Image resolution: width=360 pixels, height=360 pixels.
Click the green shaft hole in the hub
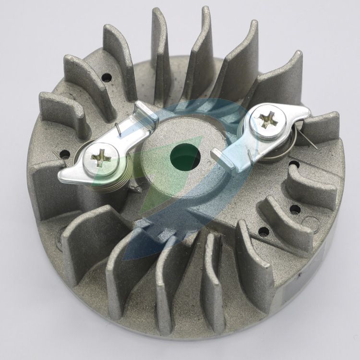185,156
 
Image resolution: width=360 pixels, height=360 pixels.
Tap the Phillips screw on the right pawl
268,119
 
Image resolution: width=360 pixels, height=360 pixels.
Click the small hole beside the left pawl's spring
64,155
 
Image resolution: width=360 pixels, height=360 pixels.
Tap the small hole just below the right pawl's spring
294,165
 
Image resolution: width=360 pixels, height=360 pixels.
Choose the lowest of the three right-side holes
264,231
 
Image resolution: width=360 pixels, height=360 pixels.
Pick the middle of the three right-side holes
295,209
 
